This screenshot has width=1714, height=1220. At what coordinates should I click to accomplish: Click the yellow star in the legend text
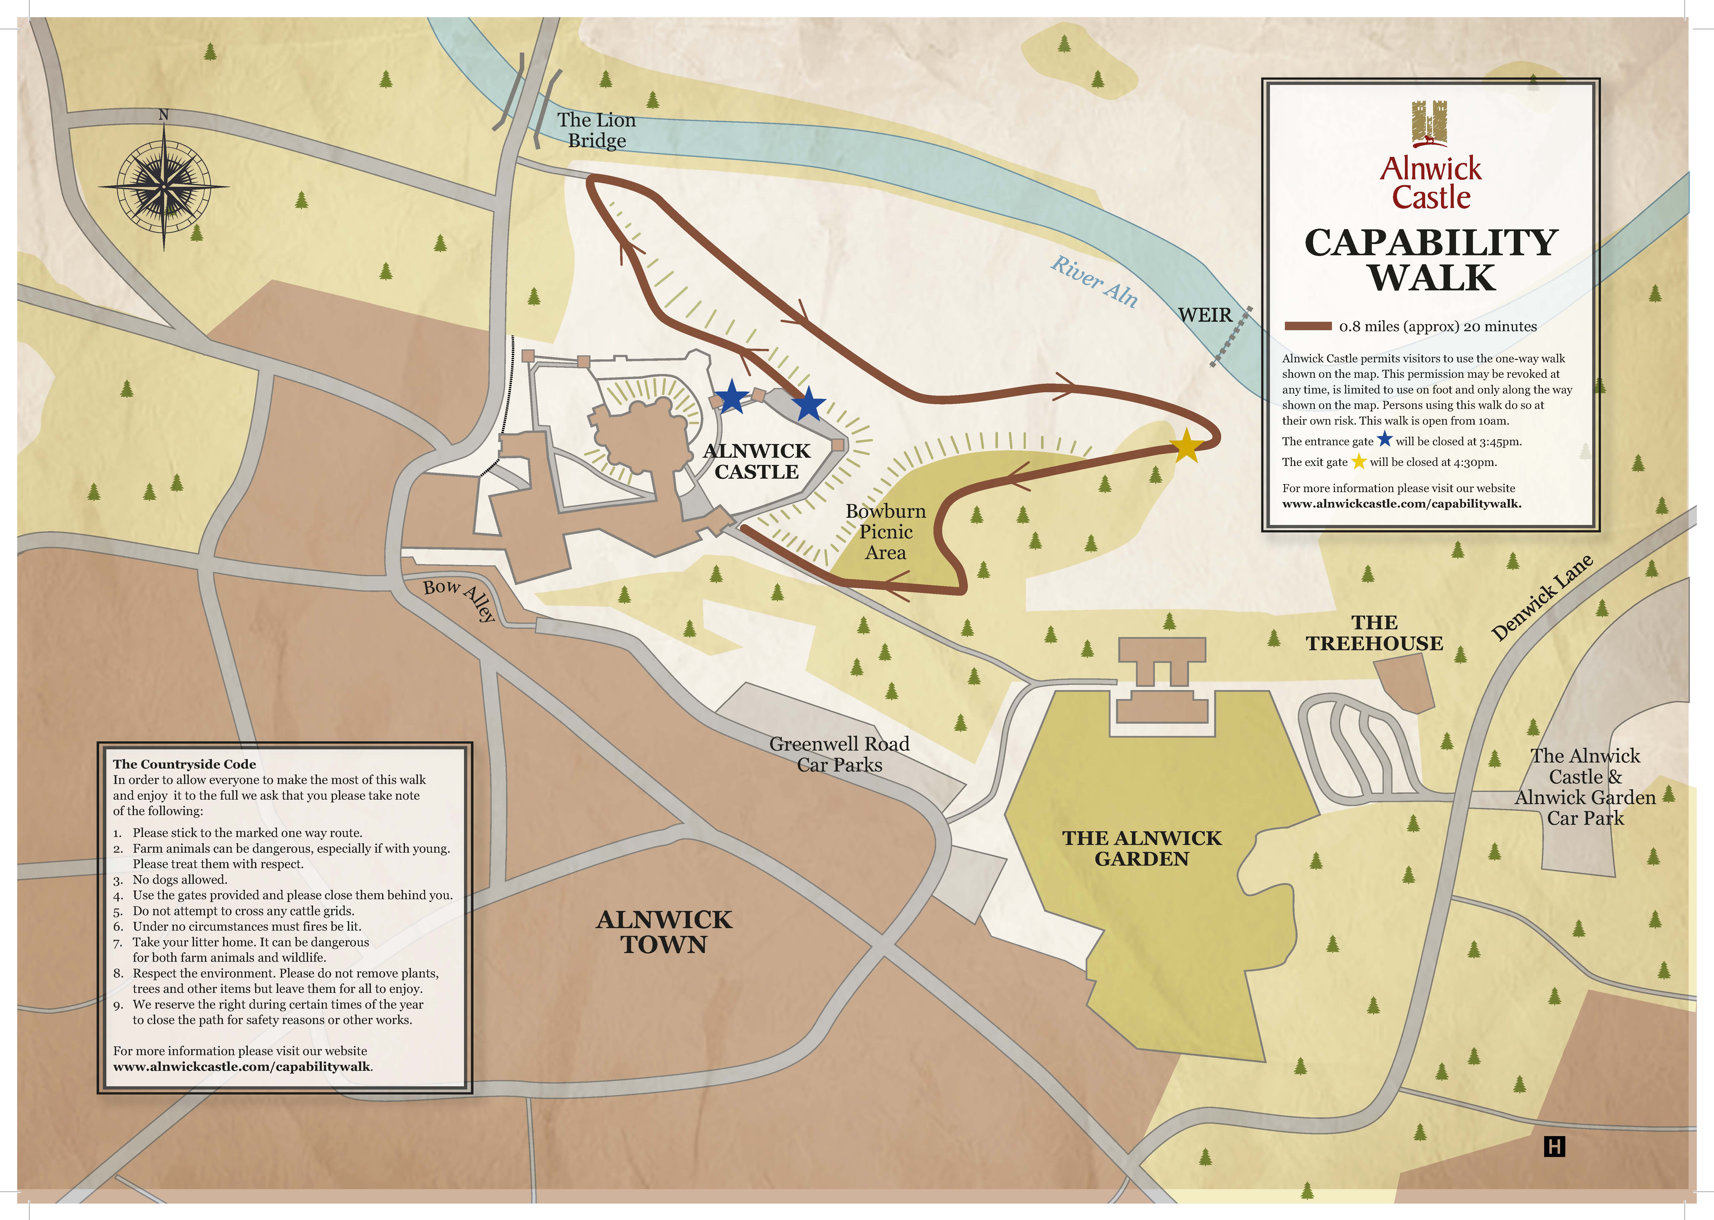click(1358, 461)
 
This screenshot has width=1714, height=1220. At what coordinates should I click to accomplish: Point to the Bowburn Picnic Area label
click(886, 532)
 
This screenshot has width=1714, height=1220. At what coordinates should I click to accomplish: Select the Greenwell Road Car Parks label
click(839, 754)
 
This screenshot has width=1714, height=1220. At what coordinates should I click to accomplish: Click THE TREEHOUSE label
click(1374, 633)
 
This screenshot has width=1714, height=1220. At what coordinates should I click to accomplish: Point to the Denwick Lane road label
click(1541, 598)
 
